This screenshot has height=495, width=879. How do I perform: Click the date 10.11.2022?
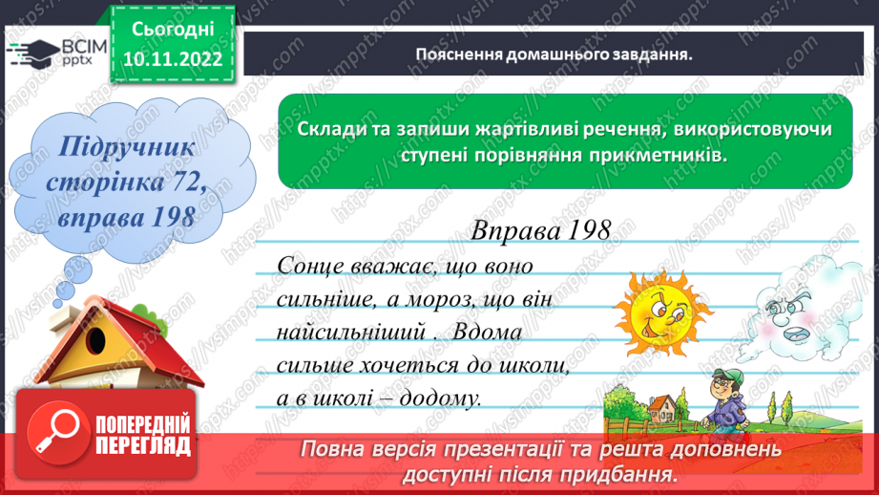(x=172, y=61)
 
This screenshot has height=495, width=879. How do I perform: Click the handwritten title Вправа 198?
(x=540, y=230)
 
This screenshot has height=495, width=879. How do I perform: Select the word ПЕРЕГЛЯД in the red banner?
(x=143, y=446)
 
